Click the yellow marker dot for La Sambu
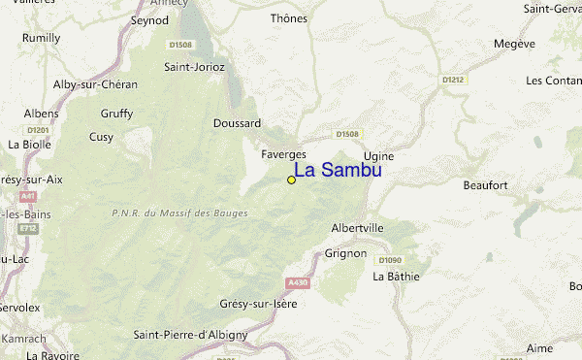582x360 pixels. click(291, 180)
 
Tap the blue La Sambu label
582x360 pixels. click(338, 170)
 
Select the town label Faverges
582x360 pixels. click(283, 154)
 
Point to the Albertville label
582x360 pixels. click(358, 227)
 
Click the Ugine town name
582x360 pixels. click(378, 155)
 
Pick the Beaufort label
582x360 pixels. click(486, 184)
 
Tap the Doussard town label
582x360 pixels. click(238, 123)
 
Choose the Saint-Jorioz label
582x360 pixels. click(194, 67)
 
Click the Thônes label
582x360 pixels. click(289, 18)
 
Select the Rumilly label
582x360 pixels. click(42, 38)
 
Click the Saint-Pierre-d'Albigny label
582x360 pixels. click(190, 335)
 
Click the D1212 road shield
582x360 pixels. click(452, 80)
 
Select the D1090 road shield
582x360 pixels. click(391, 260)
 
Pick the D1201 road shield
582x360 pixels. click(39, 129)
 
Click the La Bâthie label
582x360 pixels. click(397, 276)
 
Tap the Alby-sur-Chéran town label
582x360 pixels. click(95, 84)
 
